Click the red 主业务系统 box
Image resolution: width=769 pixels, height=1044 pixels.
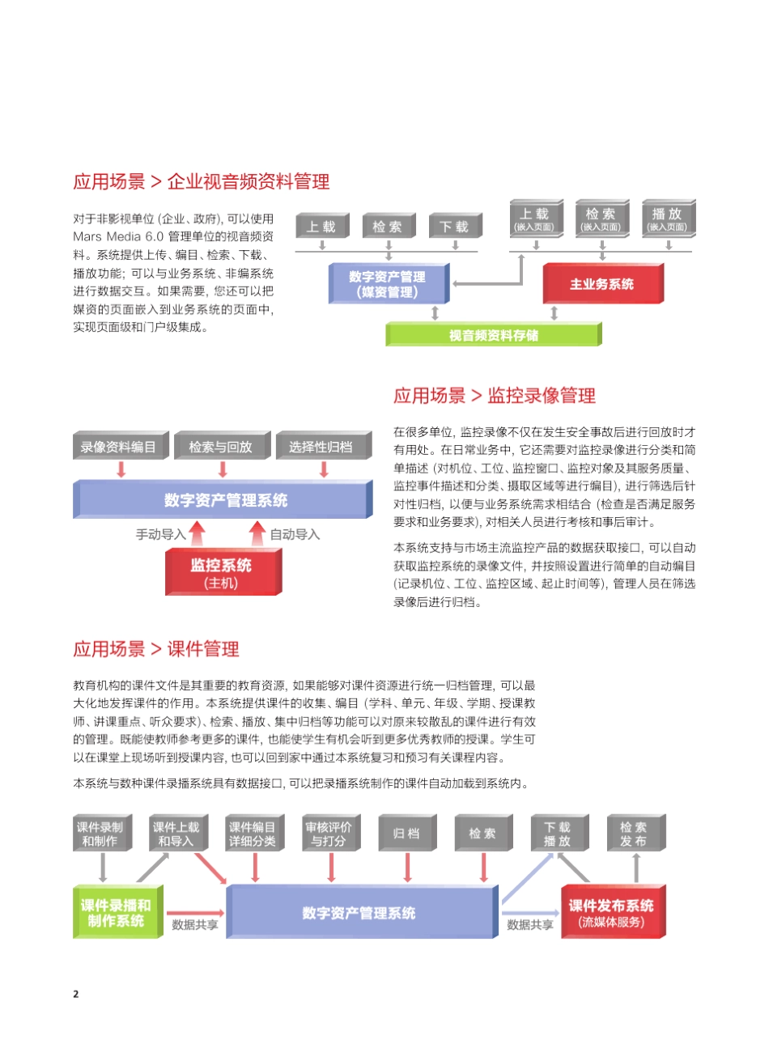[x=601, y=284]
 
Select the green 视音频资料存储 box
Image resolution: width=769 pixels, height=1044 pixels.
[x=493, y=335]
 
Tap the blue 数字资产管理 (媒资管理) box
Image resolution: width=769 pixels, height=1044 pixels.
[x=387, y=284]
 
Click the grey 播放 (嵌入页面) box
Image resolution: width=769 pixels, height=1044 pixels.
[x=667, y=219]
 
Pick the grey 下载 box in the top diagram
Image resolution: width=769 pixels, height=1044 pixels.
[x=454, y=227]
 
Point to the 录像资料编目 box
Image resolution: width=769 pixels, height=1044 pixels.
[x=118, y=447]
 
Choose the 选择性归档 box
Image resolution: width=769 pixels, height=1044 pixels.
[x=321, y=447]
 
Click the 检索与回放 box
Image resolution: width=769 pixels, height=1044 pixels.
[x=220, y=447]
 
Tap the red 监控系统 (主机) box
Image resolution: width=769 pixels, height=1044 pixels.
[x=221, y=572]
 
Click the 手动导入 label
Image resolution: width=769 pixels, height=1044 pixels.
[x=160, y=534]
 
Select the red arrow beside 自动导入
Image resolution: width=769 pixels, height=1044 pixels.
[x=257, y=533]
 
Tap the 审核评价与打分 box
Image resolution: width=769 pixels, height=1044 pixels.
[x=329, y=834]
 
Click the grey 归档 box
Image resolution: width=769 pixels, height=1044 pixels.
[x=406, y=834]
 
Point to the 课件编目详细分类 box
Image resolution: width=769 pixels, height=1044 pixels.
[x=253, y=834]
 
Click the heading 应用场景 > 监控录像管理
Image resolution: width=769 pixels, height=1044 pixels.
[x=495, y=396]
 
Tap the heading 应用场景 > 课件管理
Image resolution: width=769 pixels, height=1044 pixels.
[x=156, y=649]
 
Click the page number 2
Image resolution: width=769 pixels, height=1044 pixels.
[x=76, y=994]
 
